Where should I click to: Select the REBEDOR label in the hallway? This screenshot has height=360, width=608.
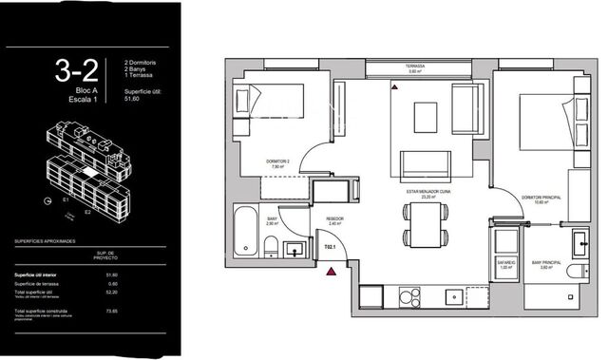[334, 217]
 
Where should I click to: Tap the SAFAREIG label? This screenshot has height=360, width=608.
[505, 262]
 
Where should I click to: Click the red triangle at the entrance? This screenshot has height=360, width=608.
[331, 272]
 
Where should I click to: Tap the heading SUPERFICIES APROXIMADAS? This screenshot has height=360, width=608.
[47, 242]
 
